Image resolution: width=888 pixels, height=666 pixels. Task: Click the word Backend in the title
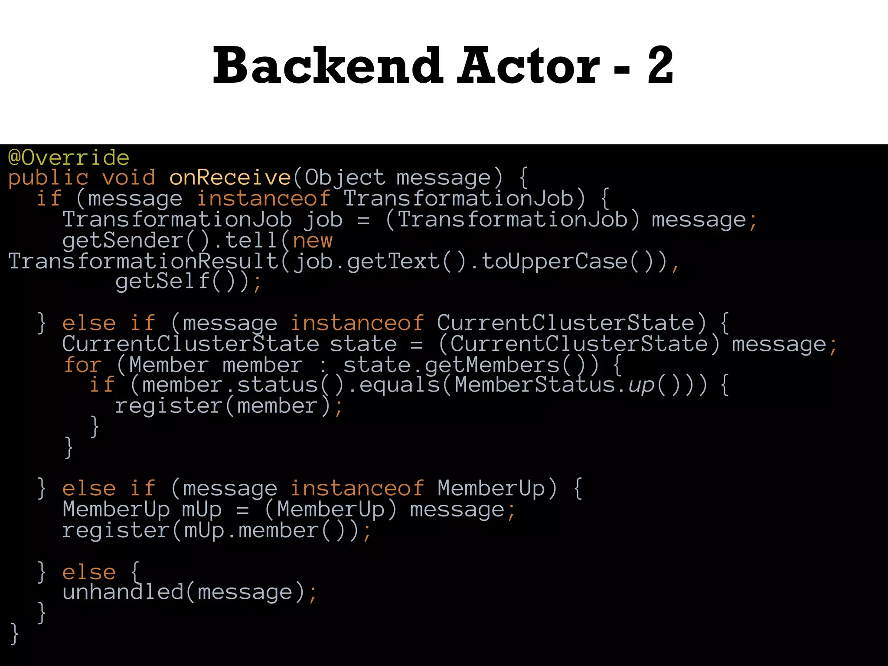[x=327, y=66]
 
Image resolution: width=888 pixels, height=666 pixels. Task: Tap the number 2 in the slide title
[x=660, y=66]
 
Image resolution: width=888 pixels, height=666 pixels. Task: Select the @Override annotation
[x=69, y=157]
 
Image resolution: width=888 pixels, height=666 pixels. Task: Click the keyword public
[x=48, y=178]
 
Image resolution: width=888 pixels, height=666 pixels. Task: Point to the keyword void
[x=128, y=178]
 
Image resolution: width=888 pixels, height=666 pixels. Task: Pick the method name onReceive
[x=230, y=178]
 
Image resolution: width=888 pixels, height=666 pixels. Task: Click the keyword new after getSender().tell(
[x=313, y=241]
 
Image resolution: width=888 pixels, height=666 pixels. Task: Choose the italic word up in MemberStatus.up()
[x=641, y=385]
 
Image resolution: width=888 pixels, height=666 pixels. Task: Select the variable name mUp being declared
[x=202, y=509]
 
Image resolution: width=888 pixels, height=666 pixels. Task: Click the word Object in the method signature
[x=345, y=178]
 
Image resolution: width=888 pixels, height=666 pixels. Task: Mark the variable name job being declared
[x=323, y=220]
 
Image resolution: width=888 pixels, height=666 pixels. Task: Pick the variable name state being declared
[x=363, y=344]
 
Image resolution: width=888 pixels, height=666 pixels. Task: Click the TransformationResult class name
[x=143, y=261]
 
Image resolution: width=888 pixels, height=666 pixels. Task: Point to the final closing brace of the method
[x=14, y=633]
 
